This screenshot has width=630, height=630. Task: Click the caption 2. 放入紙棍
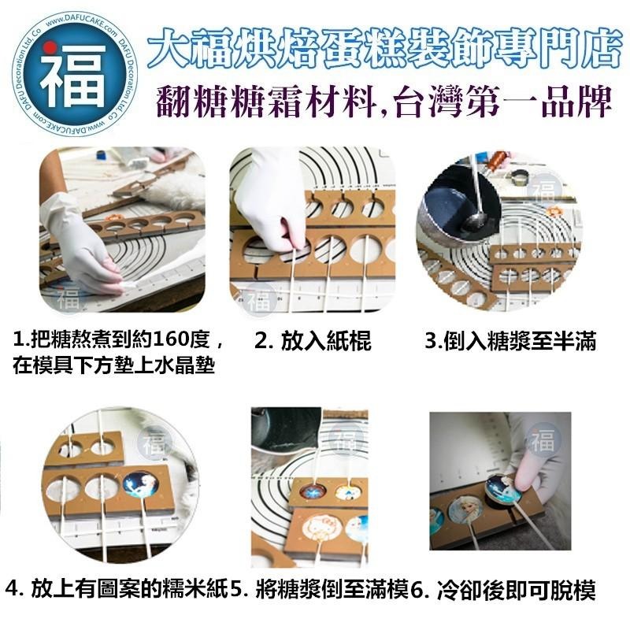pos(313,342)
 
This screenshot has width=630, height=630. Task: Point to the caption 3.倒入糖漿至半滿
pos(510,342)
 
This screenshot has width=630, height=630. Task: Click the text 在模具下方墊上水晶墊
pos(115,366)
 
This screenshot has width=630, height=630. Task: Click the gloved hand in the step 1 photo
pos(79,240)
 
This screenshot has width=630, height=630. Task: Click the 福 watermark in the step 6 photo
pos(543,439)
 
